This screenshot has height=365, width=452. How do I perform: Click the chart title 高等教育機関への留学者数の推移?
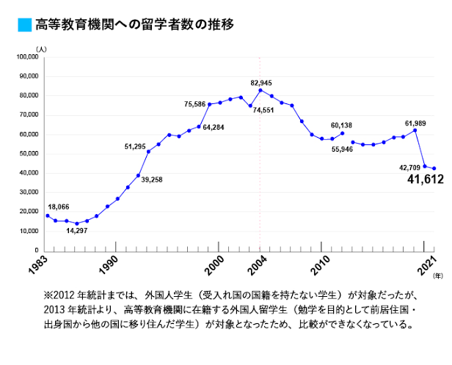tap(134, 25)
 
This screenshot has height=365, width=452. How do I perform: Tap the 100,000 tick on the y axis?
tap(26, 56)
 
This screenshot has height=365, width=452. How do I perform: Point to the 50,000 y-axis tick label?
tap(28, 153)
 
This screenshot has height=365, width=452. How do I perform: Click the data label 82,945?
tap(261, 82)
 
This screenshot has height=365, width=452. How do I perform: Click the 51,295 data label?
tap(135, 147)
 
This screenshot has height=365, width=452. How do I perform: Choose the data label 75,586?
tap(195, 105)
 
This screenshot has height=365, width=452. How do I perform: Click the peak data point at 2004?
tap(260, 90)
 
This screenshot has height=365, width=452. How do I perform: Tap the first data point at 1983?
tap(46, 215)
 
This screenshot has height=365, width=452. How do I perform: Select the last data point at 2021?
tap(434, 169)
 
